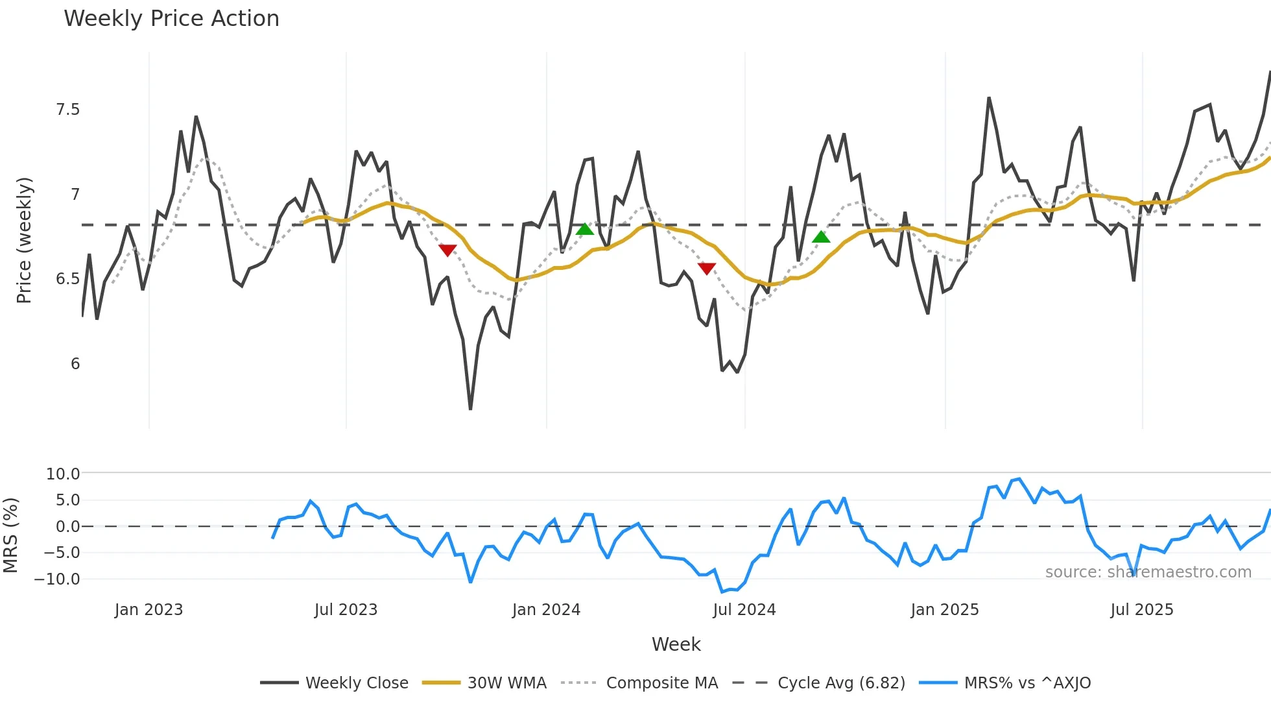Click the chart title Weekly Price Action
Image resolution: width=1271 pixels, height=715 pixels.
pyautogui.click(x=171, y=19)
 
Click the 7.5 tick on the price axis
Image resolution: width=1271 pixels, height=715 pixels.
pyautogui.click(x=68, y=110)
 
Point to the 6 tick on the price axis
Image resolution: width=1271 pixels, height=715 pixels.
pyautogui.click(x=75, y=364)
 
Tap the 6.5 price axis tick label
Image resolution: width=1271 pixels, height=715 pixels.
pyautogui.click(x=68, y=279)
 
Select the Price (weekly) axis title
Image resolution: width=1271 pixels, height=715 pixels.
pyautogui.click(x=24, y=240)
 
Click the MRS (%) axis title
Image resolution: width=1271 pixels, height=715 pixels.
pyautogui.click(x=10, y=535)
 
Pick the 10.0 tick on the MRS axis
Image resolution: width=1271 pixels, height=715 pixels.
pyautogui.click(x=63, y=474)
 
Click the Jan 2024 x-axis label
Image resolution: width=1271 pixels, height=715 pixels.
pyautogui.click(x=546, y=610)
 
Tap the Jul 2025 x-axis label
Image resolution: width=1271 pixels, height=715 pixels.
pyautogui.click(x=1141, y=610)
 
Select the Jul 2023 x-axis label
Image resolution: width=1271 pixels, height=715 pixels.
pyautogui.click(x=346, y=610)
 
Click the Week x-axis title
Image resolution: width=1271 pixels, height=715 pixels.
pyautogui.click(x=676, y=644)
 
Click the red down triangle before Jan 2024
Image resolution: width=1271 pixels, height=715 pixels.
pyautogui.click(x=447, y=250)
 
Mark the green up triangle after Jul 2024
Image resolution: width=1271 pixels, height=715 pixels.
pyautogui.click(x=821, y=237)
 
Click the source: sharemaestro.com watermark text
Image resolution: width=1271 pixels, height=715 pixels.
pyautogui.click(x=1148, y=572)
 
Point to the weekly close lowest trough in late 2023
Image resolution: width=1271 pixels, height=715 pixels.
pyautogui.click(x=470, y=408)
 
